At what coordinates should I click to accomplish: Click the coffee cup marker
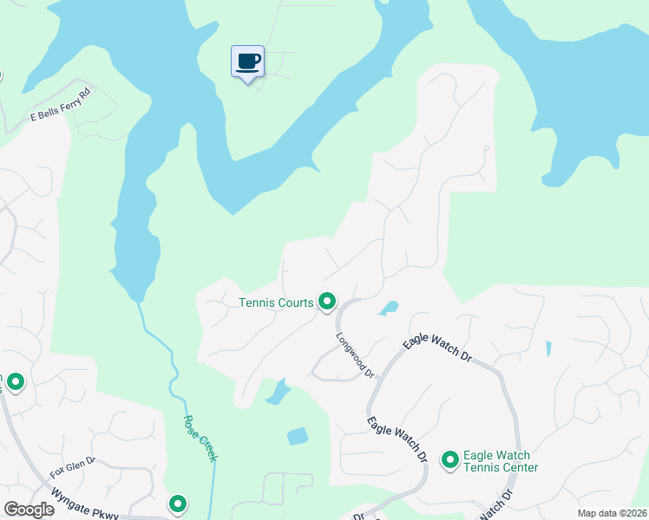click(x=248, y=62)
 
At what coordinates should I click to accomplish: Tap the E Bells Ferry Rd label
click(x=60, y=104)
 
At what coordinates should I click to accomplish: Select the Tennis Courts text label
click(x=276, y=302)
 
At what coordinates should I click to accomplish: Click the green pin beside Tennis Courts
click(x=327, y=301)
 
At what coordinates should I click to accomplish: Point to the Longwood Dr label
click(x=354, y=357)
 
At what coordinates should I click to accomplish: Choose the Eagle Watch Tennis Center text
click(x=501, y=461)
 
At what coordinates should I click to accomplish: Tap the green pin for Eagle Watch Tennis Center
click(x=450, y=459)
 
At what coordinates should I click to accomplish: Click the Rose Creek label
click(x=200, y=438)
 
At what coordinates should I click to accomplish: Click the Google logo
click(x=29, y=510)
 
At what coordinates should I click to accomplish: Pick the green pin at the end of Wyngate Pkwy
click(x=178, y=503)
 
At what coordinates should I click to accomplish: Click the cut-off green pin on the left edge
click(x=14, y=381)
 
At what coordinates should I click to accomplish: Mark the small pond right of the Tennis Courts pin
click(x=388, y=308)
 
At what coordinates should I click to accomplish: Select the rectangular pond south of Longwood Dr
click(x=298, y=437)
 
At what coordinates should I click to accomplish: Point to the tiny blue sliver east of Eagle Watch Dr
click(x=548, y=348)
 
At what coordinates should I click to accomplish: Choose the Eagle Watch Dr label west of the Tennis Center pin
click(x=398, y=439)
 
